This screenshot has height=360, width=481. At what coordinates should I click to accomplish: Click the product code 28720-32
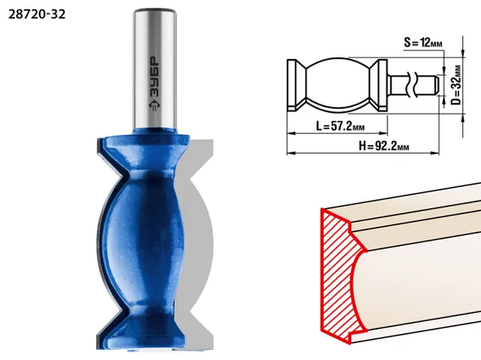point(37,14)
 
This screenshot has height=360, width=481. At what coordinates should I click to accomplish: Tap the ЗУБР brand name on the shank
point(155,78)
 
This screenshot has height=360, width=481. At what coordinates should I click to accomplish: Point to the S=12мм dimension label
point(423,43)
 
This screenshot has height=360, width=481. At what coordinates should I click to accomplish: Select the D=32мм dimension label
point(457,85)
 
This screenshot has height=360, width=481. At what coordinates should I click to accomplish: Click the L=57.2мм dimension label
point(341,126)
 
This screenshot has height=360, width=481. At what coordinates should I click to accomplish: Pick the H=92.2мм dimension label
point(384,146)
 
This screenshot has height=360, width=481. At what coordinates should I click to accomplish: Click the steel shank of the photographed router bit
point(155,69)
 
